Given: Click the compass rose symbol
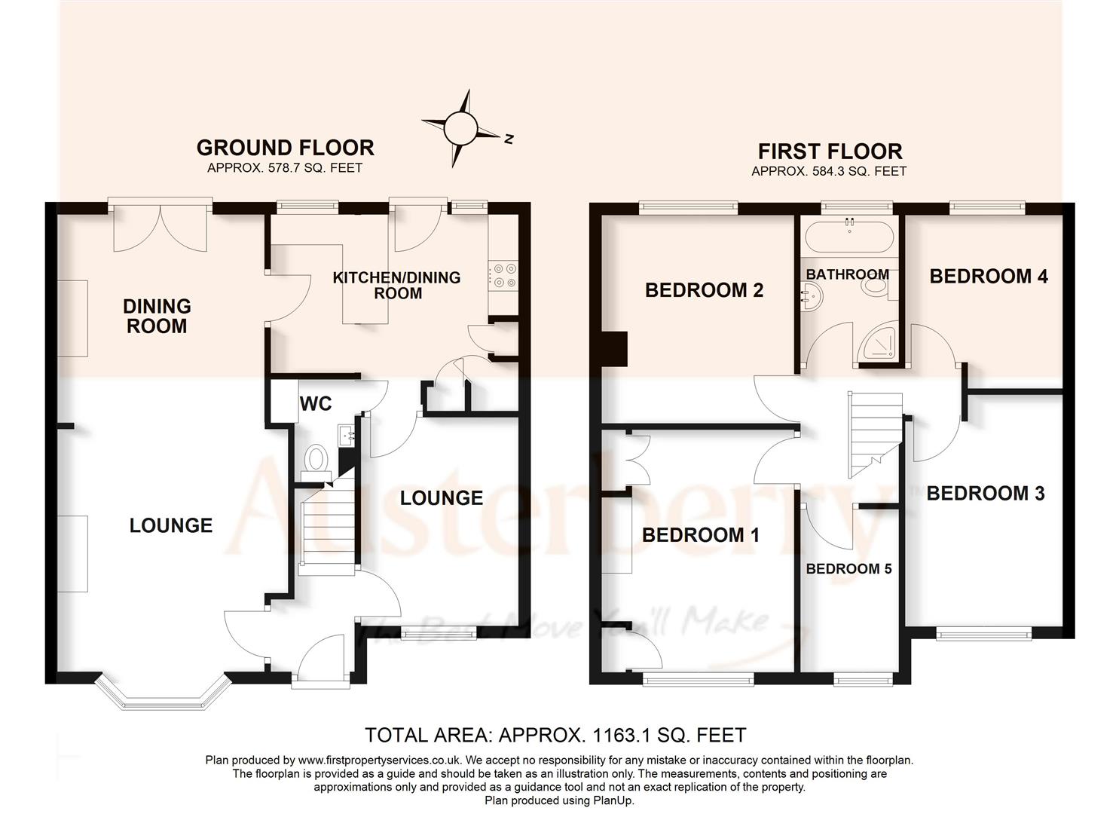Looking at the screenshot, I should pos(460,128).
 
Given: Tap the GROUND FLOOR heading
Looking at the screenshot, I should pos(285,148).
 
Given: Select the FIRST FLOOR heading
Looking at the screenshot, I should pos(829,151).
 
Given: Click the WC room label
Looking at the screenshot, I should pos(316,404).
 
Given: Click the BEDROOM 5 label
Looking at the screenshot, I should pos(848,568).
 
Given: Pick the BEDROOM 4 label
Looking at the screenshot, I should pos(988,277).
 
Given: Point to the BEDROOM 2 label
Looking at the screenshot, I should pos(704,290).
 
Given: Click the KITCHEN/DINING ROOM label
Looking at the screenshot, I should pos(397,285).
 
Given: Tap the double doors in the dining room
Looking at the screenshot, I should pos(159,226).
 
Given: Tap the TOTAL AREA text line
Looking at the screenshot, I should pos(555,734).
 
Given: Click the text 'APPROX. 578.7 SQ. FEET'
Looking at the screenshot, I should pos(285,168).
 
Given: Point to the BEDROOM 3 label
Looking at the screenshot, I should pos(985,494).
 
